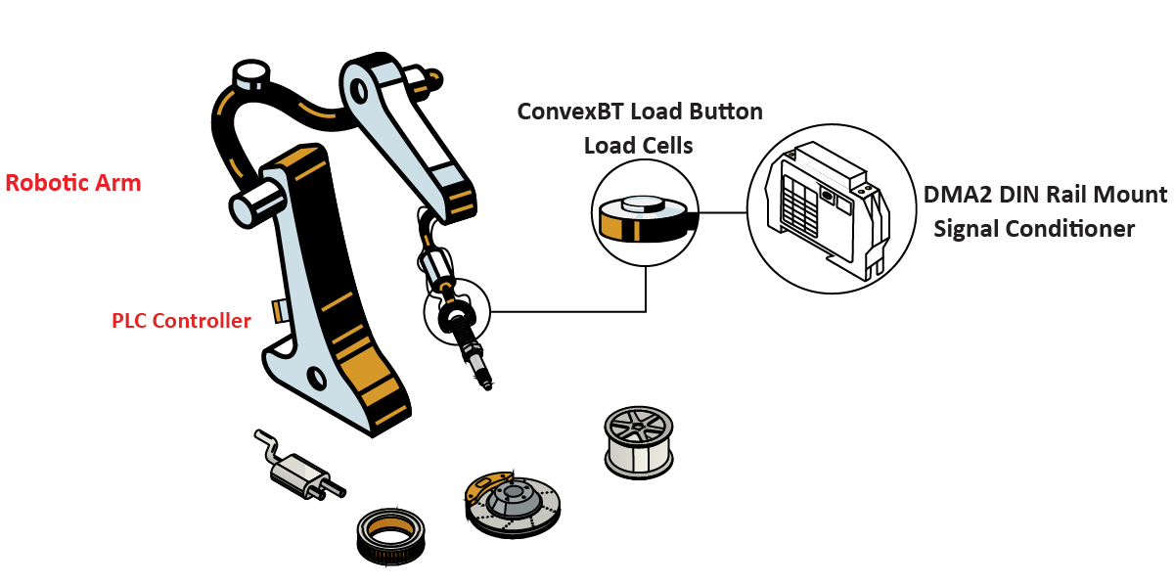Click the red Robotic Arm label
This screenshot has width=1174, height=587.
pos(73,183)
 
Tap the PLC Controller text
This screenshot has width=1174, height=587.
pos(181,320)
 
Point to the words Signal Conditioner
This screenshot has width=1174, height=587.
pos(1034,229)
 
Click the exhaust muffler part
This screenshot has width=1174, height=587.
pos(298,472)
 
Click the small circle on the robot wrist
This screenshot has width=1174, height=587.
pos(456,312)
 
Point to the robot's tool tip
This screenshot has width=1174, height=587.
pos(485,383)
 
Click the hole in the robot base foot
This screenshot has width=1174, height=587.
pos(315,377)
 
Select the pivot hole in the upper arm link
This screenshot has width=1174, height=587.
pos(359,89)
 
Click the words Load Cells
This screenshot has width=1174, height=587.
pos(638,146)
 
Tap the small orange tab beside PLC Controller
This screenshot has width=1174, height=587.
pos(279,309)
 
